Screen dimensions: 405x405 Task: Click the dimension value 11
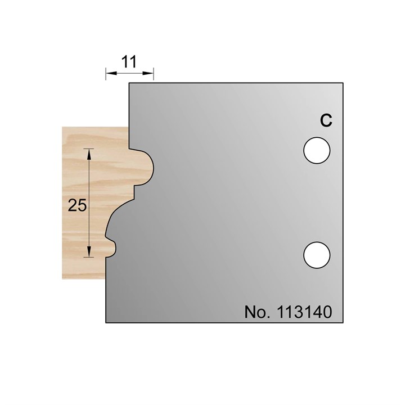coord(130,62)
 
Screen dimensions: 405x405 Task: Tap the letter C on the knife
coord(325,120)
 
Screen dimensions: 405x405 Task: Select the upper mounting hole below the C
coord(316,150)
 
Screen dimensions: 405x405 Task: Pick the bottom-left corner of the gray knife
coord(106,323)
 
